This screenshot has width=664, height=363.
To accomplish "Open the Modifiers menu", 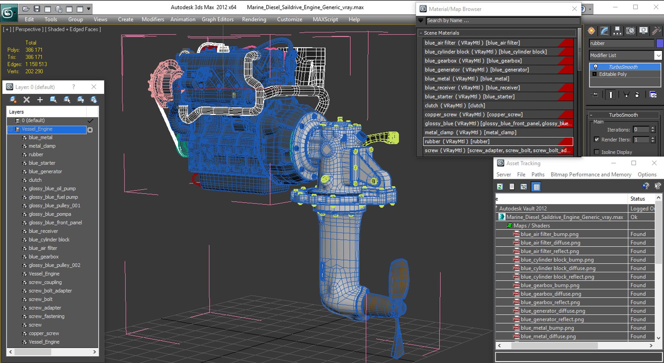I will [153, 19].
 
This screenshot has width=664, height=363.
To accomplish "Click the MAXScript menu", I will [325, 19].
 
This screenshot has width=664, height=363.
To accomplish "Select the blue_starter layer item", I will [42, 163].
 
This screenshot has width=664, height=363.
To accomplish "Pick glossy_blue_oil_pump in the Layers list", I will [52, 189].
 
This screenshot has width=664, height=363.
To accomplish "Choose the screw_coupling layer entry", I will [45, 282].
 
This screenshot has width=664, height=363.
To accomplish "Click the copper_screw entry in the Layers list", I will [44, 334].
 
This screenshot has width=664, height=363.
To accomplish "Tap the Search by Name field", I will [501, 21].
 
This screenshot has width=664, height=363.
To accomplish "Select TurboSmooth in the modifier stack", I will [623, 67].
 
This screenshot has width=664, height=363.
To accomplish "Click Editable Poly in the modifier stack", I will [612, 74].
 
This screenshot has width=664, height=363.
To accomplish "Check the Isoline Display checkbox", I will [597, 152].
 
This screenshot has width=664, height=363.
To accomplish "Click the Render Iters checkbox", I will [597, 139].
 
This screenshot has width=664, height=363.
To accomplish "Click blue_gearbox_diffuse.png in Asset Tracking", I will [551, 294].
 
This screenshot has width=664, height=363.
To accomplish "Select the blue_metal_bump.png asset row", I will [547, 328].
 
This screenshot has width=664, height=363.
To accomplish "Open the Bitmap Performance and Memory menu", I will [591, 175].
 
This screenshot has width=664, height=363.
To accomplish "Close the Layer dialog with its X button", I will [94, 87].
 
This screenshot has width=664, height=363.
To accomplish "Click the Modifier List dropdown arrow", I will [658, 55].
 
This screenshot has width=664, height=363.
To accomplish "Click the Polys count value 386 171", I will [34, 50].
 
